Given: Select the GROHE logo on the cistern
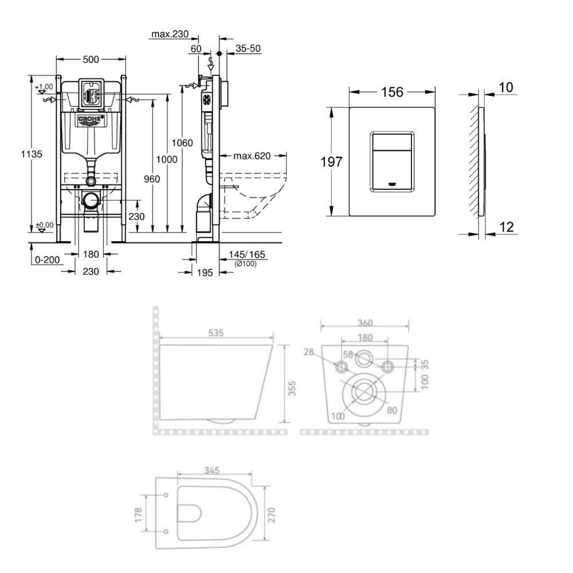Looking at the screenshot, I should tap(91, 120).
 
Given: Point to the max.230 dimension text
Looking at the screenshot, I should tap(170, 35).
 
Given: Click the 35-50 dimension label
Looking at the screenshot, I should tap(248, 49).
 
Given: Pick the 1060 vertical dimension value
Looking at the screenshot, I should tap(183, 144).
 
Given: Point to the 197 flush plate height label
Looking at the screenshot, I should tap(331, 162).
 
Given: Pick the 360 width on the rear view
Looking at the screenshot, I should tap(365, 321).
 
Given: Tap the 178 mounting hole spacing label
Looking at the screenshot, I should tap(138, 514).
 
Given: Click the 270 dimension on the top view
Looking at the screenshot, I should tap(274, 514).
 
